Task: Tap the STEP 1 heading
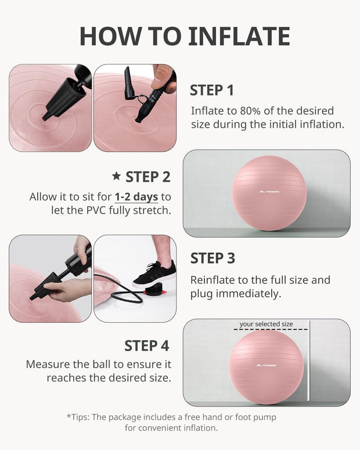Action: click(212, 91)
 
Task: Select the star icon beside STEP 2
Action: click(116, 176)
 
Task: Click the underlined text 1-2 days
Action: click(136, 197)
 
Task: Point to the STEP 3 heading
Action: click(213, 258)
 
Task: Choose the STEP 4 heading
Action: click(146, 345)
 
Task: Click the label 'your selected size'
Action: click(266, 324)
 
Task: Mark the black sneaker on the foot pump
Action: click(154, 275)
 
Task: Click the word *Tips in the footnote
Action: click(79, 417)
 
